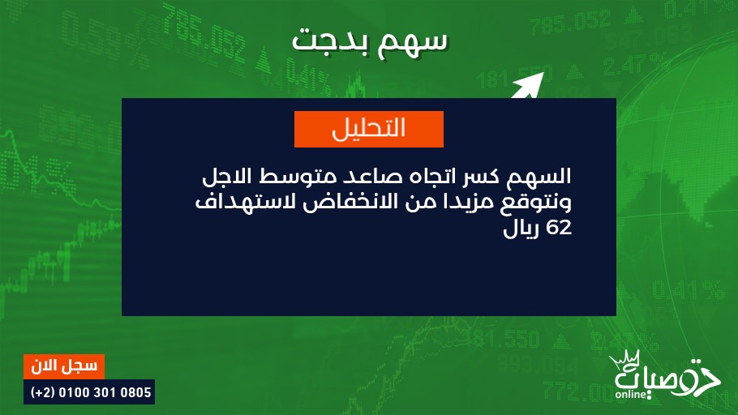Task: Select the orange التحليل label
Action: tap(368, 129)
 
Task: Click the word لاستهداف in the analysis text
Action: tap(246, 202)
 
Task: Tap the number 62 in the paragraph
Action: tap(559, 228)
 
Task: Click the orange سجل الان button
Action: tap(64, 366)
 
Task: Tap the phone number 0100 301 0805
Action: tap(105, 392)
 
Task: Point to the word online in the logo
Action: tap(631, 394)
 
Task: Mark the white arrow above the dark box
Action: tap(528, 86)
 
